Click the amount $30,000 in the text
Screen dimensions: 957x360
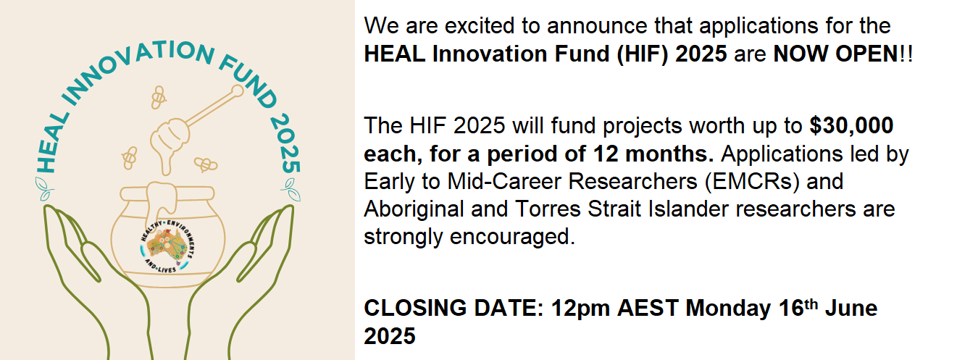pyautogui.click(x=851, y=126)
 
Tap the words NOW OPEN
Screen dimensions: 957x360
pyautogui.click(x=836, y=54)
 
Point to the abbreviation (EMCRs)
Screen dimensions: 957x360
pyautogui.click(x=752, y=182)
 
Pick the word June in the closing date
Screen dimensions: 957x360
pyautogui.click(x=851, y=308)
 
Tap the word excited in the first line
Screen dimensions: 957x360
pyautogui.click(x=480, y=26)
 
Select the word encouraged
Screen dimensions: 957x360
pyautogui.click(x=511, y=237)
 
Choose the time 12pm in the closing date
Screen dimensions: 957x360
pyautogui.click(x=580, y=309)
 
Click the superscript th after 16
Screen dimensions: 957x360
pyautogui.click(x=811, y=304)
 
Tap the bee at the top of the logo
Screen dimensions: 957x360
pyautogui.click(x=158, y=97)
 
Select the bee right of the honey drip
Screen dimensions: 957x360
pyautogui.click(x=206, y=164)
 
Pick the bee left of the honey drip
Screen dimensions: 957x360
pyautogui.click(x=130, y=158)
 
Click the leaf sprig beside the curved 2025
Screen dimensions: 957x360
pyautogui.click(x=291, y=190)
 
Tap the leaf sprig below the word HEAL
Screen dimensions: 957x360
pyautogui.click(x=44, y=189)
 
